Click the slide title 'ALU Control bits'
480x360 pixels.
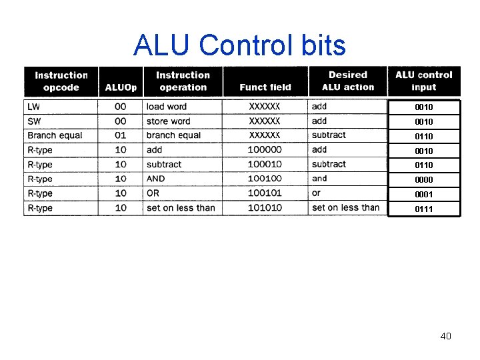pyautogui.click(x=239, y=45)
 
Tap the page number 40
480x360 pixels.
pyautogui.click(x=445, y=336)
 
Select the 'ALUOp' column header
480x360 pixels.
pyautogui.click(x=121, y=87)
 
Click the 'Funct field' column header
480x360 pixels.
pyautogui.click(x=265, y=87)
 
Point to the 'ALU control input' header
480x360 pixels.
pyautogui.click(x=423, y=81)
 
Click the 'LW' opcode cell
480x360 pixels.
pyautogui.click(x=33, y=107)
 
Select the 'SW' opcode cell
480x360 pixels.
pyautogui.click(x=34, y=121)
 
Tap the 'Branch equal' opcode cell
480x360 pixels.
pyautogui.click(x=55, y=135)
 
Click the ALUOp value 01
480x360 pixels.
pyautogui.click(x=121, y=135)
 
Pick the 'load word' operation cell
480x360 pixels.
pyautogui.click(x=167, y=107)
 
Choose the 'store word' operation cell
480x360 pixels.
pyautogui.click(x=168, y=121)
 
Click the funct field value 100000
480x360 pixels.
pyautogui.click(x=265, y=150)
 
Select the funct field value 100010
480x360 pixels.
pyautogui.click(x=265, y=165)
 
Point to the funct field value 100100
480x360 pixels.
pyautogui.click(x=265, y=179)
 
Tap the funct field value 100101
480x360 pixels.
pyautogui.click(x=265, y=193)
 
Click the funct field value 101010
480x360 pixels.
pyautogui.click(x=265, y=208)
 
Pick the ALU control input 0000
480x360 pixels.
pyautogui.click(x=423, y=179)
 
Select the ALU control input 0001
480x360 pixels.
pyautogui.click(x=423, y=195)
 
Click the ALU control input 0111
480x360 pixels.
pyautogui.click(x=423, y=209)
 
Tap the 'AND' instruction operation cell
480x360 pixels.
pyautogui.click(x=155, y=179)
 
